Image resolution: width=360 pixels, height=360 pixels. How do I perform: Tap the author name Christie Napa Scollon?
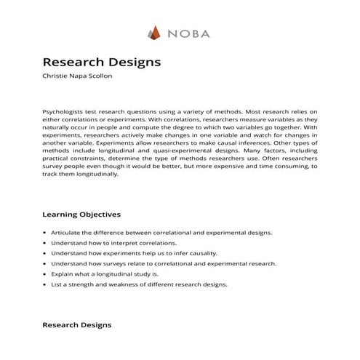[81, 76]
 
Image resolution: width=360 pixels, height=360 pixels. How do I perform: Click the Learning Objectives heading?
[81, 215]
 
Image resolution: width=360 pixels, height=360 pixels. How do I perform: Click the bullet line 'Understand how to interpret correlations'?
[113, 243]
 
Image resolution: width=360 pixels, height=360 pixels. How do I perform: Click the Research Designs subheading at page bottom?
[77, 324]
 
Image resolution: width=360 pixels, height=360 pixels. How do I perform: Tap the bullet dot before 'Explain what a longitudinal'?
[45, 274]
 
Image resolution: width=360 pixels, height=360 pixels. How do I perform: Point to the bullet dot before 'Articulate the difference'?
[45, 233]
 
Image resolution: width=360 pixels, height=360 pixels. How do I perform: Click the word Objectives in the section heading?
[100, 215]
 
